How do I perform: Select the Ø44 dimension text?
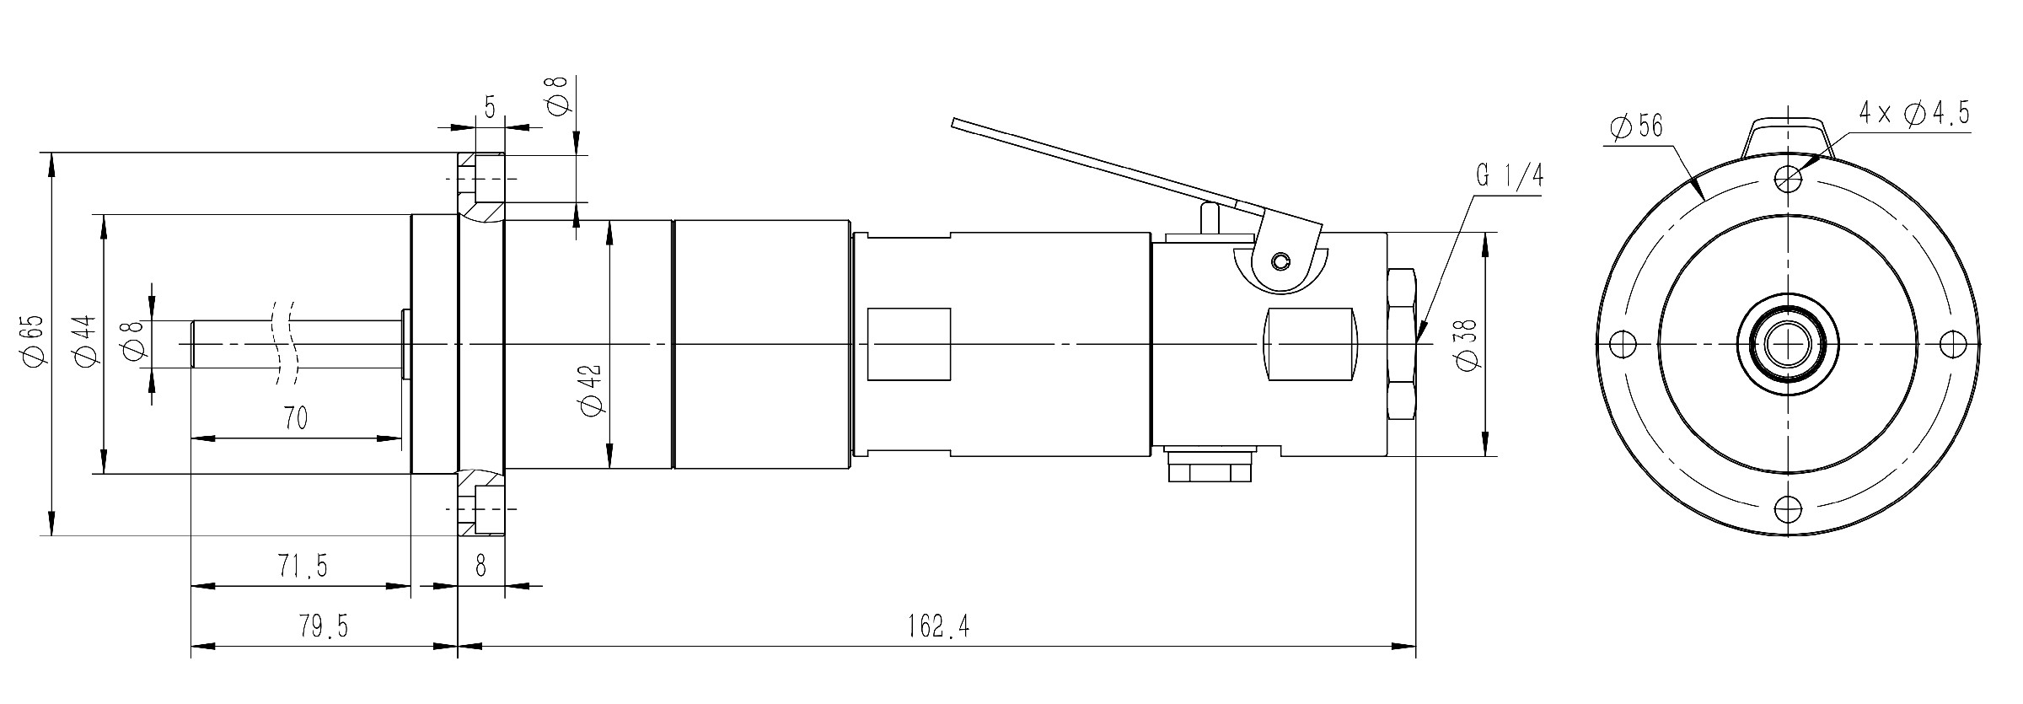(84, 341)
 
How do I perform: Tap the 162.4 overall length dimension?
(938, 626)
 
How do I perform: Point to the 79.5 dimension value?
(324, 626)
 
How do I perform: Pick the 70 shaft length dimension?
(295, 418)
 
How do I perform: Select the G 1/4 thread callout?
(1510, 176)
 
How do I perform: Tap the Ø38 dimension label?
(1466, 343)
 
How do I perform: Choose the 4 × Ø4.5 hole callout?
(1914, 112)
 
